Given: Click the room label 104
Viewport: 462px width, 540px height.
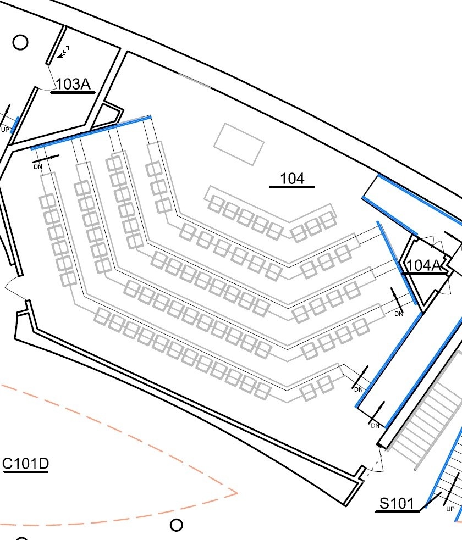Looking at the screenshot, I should (292, 179).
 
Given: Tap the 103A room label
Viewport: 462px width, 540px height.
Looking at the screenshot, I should (73, 84).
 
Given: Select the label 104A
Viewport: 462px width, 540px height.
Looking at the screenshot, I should (424, 266).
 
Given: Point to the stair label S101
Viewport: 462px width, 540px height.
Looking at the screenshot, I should (397, 503).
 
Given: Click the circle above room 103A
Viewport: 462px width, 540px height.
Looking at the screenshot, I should (20, 42).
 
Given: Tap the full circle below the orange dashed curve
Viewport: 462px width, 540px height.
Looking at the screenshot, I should (176, 525).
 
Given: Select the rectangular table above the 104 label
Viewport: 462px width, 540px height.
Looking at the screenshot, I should (239, 143).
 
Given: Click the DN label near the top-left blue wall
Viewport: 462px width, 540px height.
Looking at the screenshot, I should (38, 166).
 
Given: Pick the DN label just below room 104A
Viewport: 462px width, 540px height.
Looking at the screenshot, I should (399, 314).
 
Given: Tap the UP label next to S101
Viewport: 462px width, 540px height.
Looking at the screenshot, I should (450, 509).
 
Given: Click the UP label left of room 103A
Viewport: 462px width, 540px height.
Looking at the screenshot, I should (5, 130).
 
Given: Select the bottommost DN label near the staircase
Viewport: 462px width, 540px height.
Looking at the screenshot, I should (375, 426).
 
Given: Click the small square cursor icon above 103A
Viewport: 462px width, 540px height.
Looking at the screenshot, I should (66, 49).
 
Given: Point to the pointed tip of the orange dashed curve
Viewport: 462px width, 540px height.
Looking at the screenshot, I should (237, 493).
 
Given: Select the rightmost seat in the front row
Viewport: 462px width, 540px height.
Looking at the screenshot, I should (328, 219).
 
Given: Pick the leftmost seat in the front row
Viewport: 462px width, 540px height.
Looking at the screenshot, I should (216, 204).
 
